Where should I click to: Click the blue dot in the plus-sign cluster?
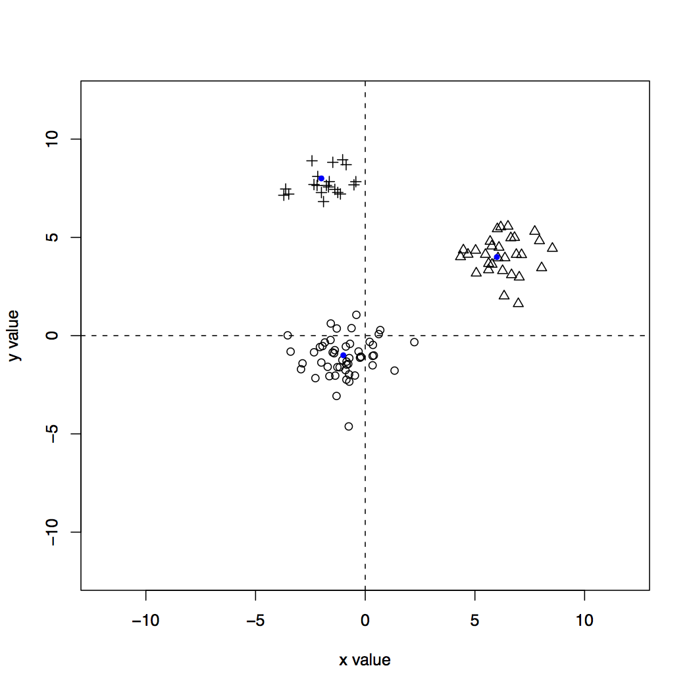click(321, 178)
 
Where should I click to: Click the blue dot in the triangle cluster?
click(497, 257)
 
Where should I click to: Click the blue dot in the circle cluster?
click(343, 355)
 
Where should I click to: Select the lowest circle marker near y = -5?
click(349, 426)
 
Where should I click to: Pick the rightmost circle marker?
click(414, 342)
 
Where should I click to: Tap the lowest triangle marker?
click(519, 303)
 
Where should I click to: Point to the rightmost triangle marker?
click(552, 247)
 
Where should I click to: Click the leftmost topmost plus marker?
click(312, 161)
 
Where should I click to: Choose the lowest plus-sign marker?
click(323, 201)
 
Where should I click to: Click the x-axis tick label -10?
click(145, 620)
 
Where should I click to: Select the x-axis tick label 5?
click(474, 620)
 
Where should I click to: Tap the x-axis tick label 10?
click(584, 620)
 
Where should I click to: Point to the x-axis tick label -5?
click(255, 620)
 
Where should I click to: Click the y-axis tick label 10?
click(53, 139)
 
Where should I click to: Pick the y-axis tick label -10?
click(53, 532)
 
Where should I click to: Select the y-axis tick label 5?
click(53, 237)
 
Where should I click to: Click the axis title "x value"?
click(365, 659)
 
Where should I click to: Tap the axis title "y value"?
click(14, 336)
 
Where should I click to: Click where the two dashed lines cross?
click(365, 336)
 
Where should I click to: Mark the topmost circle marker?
click(356, 315)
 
